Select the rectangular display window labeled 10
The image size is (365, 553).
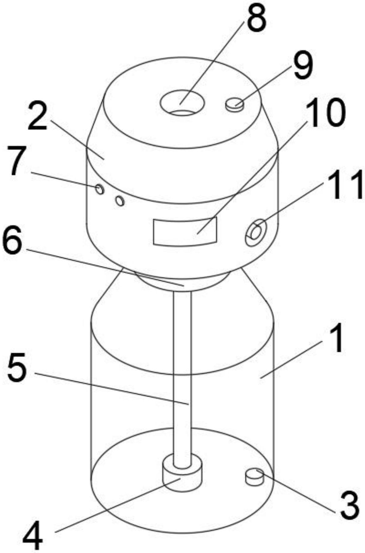[185, 231]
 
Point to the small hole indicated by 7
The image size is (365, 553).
[100, 189]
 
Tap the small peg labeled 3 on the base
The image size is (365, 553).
[255, 477]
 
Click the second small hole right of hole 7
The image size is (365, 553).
[120, 201]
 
